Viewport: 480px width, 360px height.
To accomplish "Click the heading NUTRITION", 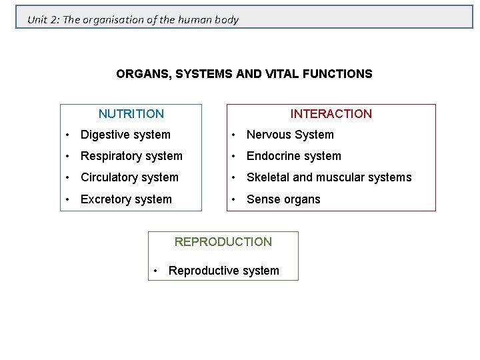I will pyautogui.click(x=131, y=114).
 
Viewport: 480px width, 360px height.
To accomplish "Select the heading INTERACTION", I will pyautogui.click(x=331, y=114).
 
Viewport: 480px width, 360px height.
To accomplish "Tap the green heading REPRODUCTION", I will pyautogui.click(x=223, y=242).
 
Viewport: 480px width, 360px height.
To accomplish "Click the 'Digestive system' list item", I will pyautogui.click(x=125, y=135).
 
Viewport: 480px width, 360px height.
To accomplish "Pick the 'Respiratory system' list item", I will pyautogui.click(x=131, y=156).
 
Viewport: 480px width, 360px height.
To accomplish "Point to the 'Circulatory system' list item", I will pyautogui.click(x=129, y=177).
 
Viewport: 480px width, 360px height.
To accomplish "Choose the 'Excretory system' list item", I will pyautogui.click(x=126, y=199).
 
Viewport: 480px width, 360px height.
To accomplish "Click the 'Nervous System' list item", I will pyautogui.click(x=290, y=135).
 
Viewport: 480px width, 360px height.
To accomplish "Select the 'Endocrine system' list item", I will pyautogui.click(x=293, y=156).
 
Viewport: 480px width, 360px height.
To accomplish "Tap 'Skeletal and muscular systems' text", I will pyautogui.click(x=329, y=177).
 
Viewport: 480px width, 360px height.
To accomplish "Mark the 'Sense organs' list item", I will pyautogui.click(x=283, y=199).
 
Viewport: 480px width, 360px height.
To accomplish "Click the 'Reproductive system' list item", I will pyautogui.click(x=223, y=271).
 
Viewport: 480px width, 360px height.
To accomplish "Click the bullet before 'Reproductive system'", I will pyautogui.click(x=155, y=271).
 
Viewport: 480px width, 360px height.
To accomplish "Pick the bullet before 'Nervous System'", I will pyautogui.click(x=233, y=135).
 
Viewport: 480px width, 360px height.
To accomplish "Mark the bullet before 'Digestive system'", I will pyautogui.click(x=67, y=135).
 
